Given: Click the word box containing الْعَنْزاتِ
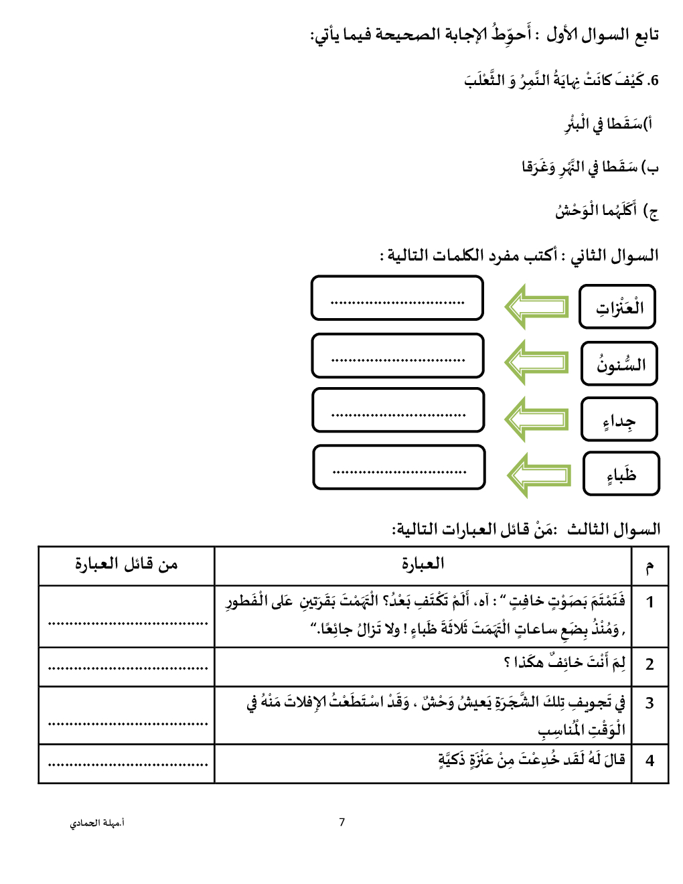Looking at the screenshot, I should click(x=617, y=307).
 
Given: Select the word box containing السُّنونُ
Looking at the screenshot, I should click(x=619, y=364).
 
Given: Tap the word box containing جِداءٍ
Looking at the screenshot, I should click(x=619, y=419).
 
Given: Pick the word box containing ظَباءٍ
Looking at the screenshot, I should click(x=621, y=474).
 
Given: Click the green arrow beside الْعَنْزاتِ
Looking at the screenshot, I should click(x=536, y=307).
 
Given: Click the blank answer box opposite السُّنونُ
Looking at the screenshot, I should click(x=398, y=356).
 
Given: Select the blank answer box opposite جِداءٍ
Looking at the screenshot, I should click(x=398, y=411).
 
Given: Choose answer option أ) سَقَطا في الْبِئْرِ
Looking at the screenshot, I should click(x=608, y=124).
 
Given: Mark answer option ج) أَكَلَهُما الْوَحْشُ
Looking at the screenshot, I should click(x=607, y=211).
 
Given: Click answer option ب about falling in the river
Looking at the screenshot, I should click(x=590, y=167).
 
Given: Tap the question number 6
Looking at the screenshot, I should click(x=653, y=80).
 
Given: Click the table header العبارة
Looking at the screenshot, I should click(x=423, y=564).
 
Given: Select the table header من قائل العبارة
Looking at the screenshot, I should click(x=127, y=564).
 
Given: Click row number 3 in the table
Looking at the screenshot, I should click(x=650, y=703).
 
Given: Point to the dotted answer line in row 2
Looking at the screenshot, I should click(x=128, y=668).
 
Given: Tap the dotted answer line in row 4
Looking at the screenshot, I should click(x=128, y=763).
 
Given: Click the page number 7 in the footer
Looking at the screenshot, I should click(x=342, y=822).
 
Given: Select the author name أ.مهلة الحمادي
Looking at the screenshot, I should click(x=97, y=822).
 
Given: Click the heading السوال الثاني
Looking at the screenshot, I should click(x=614, y=255).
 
